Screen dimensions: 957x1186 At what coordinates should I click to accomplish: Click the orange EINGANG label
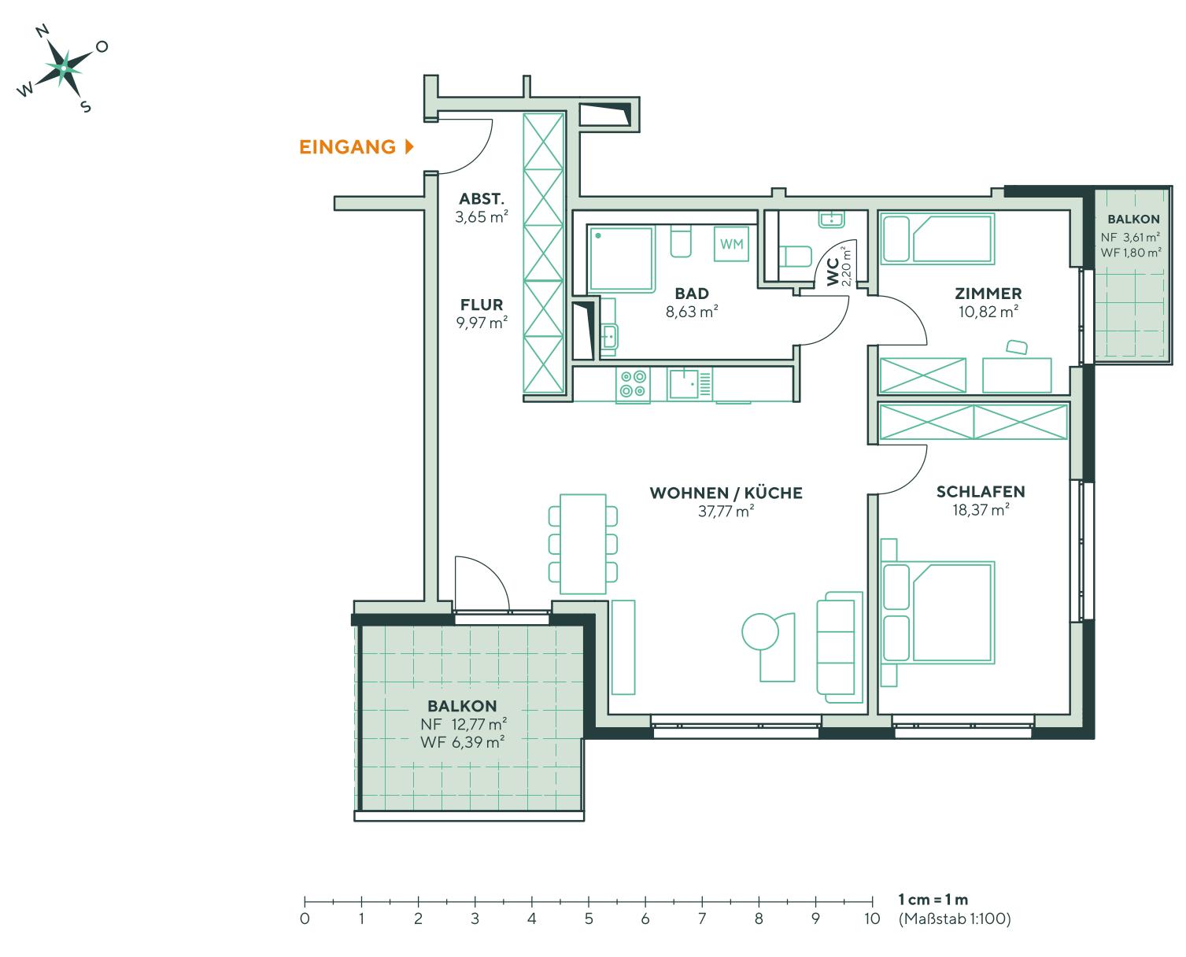(x=347, y=147)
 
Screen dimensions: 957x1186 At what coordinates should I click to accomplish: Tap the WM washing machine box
(x=731, y=244)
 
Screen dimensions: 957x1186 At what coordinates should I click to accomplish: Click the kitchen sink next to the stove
(x=684, y=384)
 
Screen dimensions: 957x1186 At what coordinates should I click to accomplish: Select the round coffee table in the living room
(x=760, y=631)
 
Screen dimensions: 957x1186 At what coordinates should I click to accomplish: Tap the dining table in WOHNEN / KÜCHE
(x=582, y=544)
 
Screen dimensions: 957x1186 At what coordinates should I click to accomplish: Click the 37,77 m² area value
(x=725, y=511)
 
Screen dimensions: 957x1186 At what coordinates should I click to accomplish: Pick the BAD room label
(x=692, y=294)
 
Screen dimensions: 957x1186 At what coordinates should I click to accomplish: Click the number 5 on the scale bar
(x=588, y=918)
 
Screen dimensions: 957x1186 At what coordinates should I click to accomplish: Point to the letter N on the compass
(x=43, y=31)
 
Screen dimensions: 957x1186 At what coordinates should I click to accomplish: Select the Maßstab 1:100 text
(x=954, y=918)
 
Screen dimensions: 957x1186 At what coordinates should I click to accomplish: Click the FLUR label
(x=481, y=305)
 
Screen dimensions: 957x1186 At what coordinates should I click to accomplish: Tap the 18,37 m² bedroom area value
(x=979, y=510)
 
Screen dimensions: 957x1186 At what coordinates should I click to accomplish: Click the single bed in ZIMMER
(x=937, y=238)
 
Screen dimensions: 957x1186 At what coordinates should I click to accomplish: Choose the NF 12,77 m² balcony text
(x=462, y=724)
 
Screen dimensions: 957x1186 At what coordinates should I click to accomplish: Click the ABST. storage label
(x=482, y=199)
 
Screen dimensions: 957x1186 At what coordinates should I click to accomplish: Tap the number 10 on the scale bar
(x=871, y=918)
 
